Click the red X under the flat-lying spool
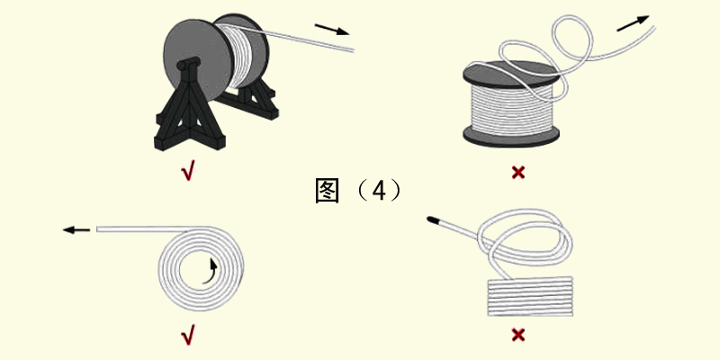(517, 171)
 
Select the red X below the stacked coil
(518, 336)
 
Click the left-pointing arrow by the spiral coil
(76, 230)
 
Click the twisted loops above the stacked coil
(526, 238)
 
